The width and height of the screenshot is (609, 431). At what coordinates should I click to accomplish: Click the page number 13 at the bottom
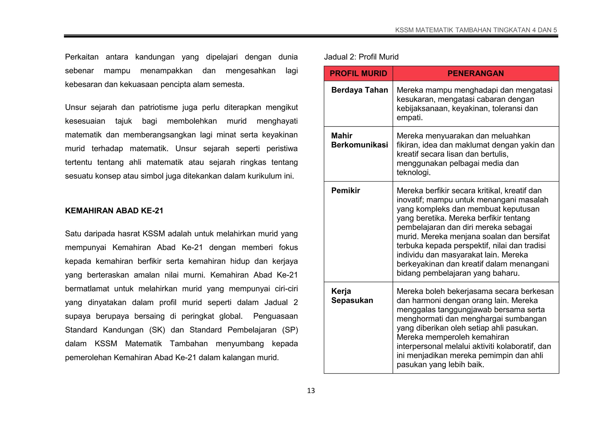pos(311,391)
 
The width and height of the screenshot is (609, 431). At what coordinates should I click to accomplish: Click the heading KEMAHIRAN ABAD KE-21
pos(114,211)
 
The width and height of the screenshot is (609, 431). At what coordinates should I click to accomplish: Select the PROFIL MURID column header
pos(358,74)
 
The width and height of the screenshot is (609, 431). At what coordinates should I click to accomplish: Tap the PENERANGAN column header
pos(475,74)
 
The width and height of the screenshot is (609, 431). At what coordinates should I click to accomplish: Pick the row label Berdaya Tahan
pos(360,90)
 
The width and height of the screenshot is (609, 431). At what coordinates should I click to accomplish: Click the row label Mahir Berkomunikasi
pos(360,140)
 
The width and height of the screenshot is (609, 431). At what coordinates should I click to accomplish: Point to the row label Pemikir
pos(346,191)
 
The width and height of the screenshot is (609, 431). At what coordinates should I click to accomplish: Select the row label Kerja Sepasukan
pos(352,296)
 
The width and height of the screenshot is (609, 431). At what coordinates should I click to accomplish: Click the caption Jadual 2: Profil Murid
pos(361,57)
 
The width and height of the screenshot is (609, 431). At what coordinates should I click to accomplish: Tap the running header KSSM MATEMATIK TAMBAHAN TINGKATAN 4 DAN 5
pos(476,30)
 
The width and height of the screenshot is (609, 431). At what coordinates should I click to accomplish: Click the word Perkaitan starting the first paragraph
pos(82,57)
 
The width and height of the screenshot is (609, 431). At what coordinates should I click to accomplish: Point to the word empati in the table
pos(409,118)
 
